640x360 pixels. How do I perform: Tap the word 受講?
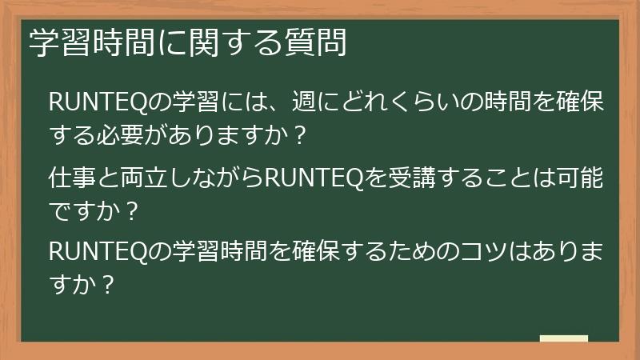(411, 177)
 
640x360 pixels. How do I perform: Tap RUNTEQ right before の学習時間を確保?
(98, 251)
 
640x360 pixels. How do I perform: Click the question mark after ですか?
(132, 210)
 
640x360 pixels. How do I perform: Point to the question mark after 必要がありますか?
(300, 134)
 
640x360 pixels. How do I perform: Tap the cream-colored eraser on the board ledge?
(563, 338)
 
